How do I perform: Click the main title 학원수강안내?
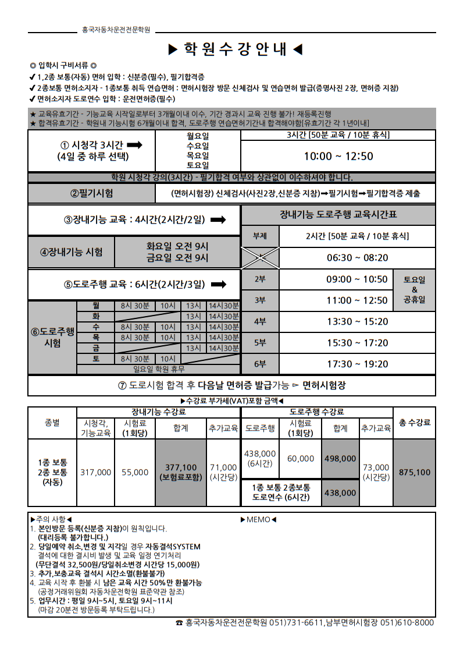tap(235, 49)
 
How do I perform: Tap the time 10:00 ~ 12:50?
tap(338, 156)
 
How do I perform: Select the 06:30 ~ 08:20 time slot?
tap(357, 258)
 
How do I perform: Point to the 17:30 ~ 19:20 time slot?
tap(357, 364)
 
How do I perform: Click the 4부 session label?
tap(260, 321)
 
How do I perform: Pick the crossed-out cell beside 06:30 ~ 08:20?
tap(260, 258)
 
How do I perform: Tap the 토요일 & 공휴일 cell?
tap(415, 290)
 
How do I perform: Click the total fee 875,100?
tap(414, 473)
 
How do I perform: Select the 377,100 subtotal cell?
tap(181, 472)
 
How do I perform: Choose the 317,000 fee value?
tap(95, 472)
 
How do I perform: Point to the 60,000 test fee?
tap(300, 459)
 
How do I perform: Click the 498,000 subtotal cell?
tap(340, 459)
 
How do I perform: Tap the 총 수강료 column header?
tap(414, 423)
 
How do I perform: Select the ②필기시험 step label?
tap(92, 193)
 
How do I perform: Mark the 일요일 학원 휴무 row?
tap(158, 368)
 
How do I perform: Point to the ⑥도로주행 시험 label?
tap(52, 337)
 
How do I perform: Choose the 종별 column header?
tap(52, 423)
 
